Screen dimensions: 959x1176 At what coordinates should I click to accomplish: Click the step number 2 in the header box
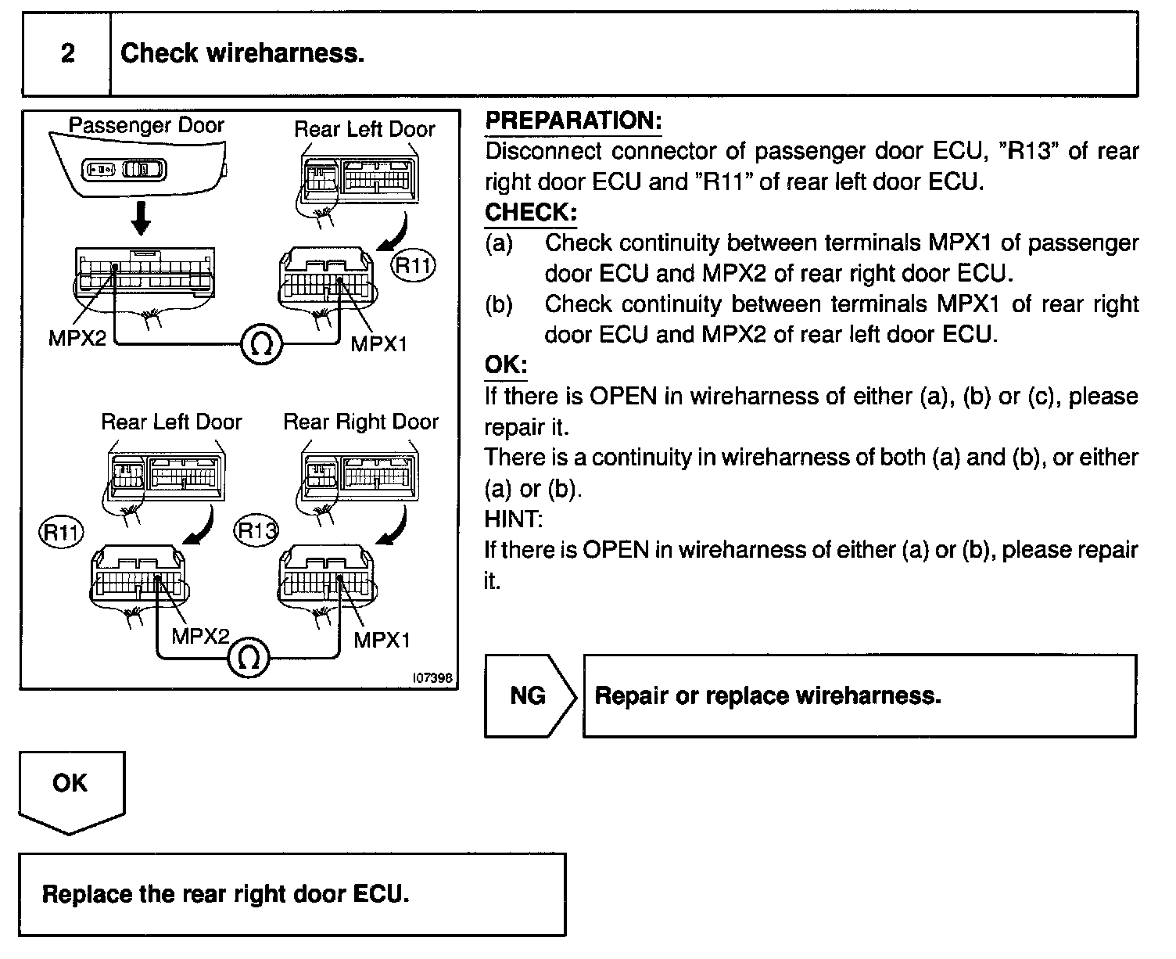[67, 53]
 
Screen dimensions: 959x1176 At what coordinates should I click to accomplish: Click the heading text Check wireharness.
[242, 53]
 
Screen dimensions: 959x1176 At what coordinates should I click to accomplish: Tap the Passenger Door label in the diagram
[146, 125]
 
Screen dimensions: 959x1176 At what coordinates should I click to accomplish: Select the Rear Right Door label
[360, 422]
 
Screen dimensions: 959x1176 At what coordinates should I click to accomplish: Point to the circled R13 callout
[256, 532]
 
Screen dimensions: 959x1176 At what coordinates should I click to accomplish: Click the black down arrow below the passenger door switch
[141, 217]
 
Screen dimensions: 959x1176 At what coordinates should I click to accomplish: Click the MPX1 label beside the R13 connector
[382, 640]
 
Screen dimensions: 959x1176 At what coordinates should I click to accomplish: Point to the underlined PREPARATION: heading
[573, 121]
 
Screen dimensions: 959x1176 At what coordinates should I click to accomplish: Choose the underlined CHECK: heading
[531, 213]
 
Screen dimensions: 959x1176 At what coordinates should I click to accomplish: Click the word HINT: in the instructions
[513, 519]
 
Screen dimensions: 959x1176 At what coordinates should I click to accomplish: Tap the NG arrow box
[529, 695]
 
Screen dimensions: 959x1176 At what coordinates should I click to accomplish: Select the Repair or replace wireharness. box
[859, 695]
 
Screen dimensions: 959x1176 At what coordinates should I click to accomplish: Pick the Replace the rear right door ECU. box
[292, 894]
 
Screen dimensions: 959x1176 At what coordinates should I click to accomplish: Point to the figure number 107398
[432, 679]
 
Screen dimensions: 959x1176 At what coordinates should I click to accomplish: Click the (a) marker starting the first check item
[499, 243]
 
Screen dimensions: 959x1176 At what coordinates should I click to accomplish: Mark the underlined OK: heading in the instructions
[506, 365]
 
